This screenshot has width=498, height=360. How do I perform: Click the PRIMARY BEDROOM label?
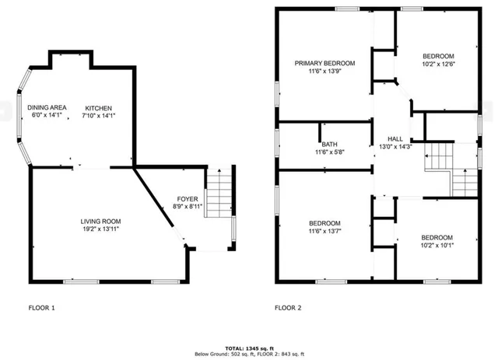pyautogui.click(x=324, y=63)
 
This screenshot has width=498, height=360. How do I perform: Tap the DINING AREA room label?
pyautogui.click(x=47, y=107)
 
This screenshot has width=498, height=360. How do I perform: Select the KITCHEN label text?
pyautogui.click(x=99, y=107)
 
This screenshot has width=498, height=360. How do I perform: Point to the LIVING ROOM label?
pyautogui.click(x=100, y=222)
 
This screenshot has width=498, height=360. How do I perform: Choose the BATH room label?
pyautogui.click(x=329, y=144)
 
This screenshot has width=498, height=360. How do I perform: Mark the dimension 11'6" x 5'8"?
pyautogui.click(x=329, y=152)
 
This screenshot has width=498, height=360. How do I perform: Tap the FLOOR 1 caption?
pyautogui.click(x=42, y=308)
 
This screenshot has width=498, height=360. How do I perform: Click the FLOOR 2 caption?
pyautogui.click(x=288, y=308)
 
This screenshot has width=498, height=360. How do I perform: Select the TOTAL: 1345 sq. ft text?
pyautogui.click(x=248, y=348)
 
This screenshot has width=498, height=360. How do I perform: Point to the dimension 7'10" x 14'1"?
pyautogui.click(x=99, y=116)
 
